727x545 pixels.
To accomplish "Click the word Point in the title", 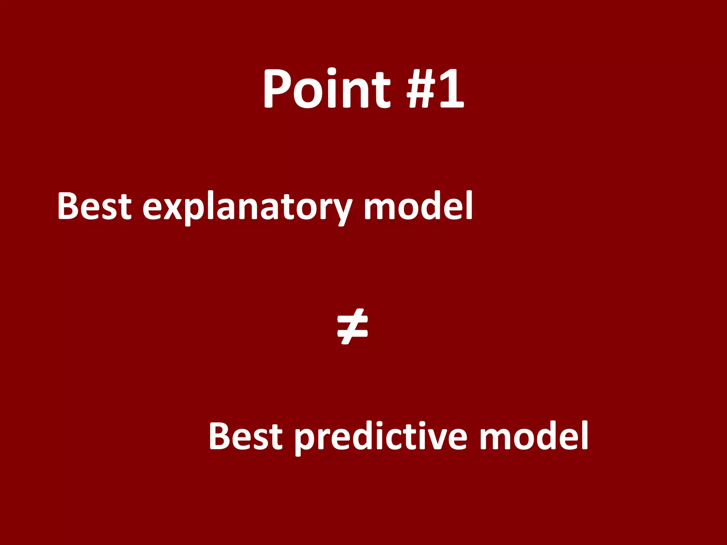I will (327, 89).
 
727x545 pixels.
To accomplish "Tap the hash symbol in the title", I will (421, 89).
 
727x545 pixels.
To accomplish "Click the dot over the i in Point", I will (332, 71).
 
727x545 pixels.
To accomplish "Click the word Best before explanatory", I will (94, 206).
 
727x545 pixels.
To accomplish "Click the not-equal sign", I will (352, 326).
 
